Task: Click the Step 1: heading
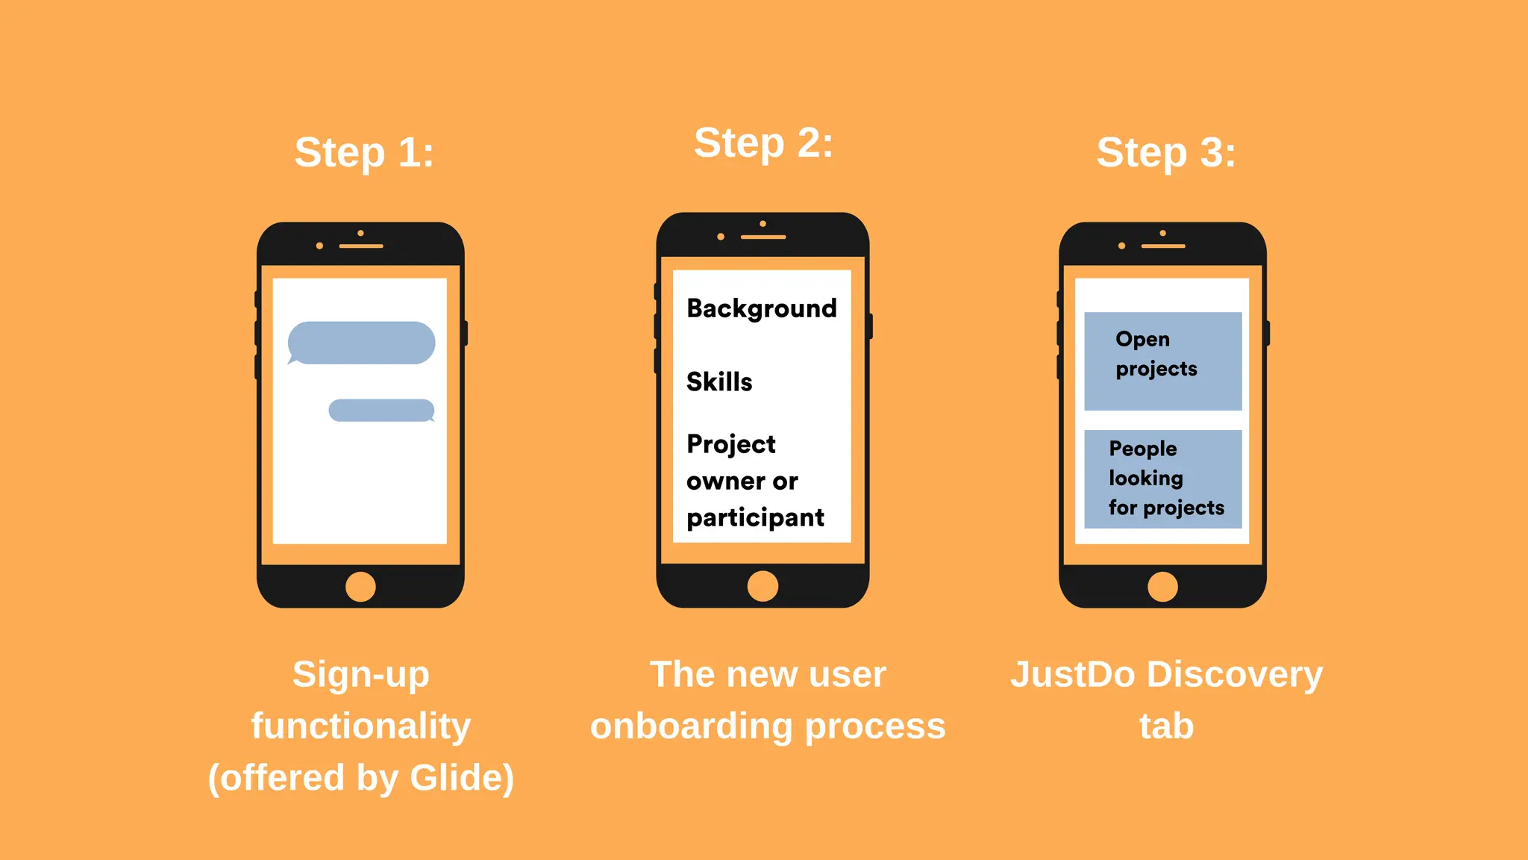[x=364, y=153]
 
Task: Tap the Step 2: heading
[x=763, y=143]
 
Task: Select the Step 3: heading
[x=1166, y=153]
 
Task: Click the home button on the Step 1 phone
[x=360, y=587]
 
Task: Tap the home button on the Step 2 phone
[x=763, y=586]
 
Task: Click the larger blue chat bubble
[x=362, y=343]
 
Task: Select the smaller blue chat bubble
[x=381, y=411]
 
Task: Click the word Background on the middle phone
[x=762, y=308]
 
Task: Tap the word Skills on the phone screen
[x=719, y=381]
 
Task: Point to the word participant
[x=755, y=517]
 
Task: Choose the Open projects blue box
[x=1162, y=361]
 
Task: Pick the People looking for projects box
[x=1162, y=479]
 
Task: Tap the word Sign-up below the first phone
[x=361, y=675]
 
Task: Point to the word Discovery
[x=1235, y=675]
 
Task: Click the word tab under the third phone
[x=1166, y=726]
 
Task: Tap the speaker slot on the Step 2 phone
[x=763, y=237]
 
